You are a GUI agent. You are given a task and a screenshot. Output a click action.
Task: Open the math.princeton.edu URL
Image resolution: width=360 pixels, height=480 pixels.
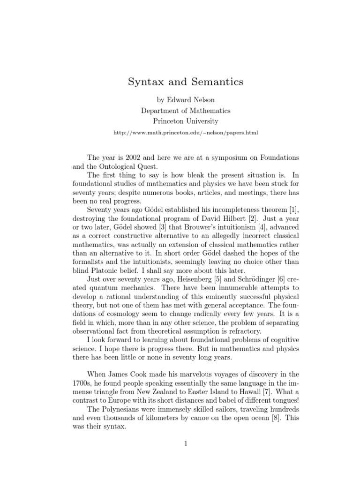[x=186, y=133]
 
